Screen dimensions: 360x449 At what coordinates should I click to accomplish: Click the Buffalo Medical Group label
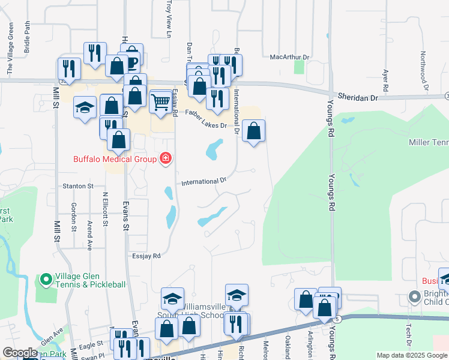tap(115, 159)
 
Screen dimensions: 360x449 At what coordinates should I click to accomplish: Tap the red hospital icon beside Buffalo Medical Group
tap(164, 159)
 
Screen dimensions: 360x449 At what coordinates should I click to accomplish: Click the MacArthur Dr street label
tap(289, 57)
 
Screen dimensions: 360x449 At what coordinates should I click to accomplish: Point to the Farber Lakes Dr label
tap(205, 119)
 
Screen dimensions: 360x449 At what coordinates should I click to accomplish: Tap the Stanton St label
tap(79, 187)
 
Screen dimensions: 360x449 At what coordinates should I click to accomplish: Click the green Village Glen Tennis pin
tap(46, 279)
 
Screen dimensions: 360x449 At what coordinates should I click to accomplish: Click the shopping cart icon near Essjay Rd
tap(160, 103)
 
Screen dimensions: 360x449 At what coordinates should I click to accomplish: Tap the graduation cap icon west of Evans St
tap(85, 108)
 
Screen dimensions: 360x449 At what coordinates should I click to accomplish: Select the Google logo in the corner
tap(20, 353)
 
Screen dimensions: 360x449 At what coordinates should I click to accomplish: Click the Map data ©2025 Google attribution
tap(412, 355)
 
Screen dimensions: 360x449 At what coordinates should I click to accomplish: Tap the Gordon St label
tap(73, 217)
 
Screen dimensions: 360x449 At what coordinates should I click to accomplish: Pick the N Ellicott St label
tap(105, 209)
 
